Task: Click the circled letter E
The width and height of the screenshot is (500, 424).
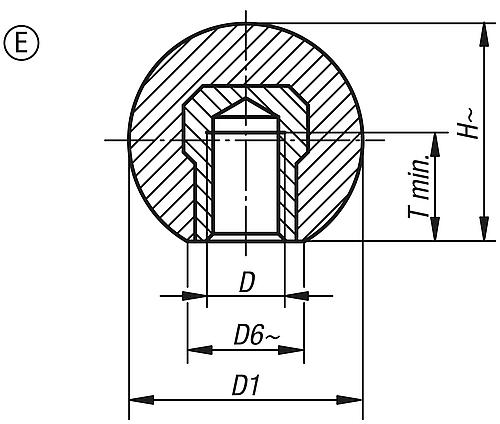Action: (18, 46)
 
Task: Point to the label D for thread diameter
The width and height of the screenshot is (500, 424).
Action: (246, 283)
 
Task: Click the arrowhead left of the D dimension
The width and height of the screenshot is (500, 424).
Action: (196, 295)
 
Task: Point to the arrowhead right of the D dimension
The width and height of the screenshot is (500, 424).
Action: (295, 295)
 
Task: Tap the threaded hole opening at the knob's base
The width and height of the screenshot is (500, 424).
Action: (245, 237)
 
